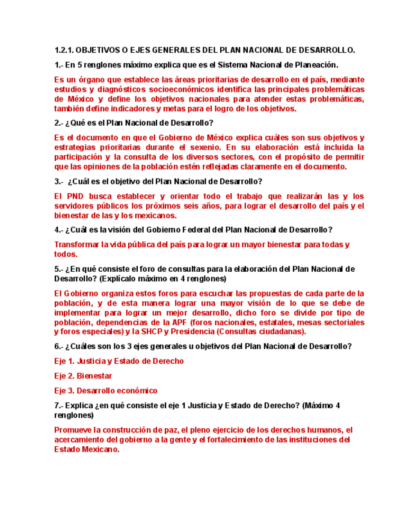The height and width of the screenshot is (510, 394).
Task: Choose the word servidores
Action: point(75,206)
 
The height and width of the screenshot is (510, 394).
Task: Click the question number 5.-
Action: point(59,269)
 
